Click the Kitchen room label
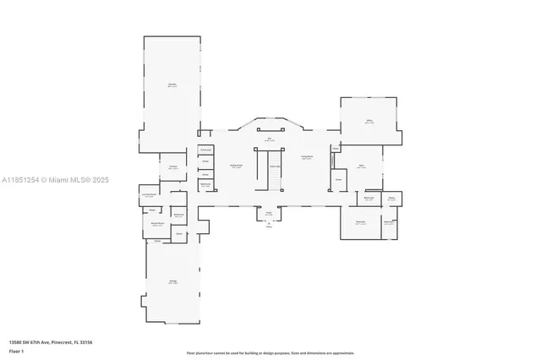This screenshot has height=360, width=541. [x=172, y=166]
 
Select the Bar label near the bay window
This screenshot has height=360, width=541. [x=270, y=139]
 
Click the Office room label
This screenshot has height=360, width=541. [x=369, y=121]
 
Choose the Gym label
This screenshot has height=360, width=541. [x=361, y=166]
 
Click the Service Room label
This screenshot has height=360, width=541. [x=156, y=225]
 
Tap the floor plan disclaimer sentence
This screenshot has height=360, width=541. [x=270, y=352]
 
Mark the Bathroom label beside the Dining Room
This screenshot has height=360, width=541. [x=205, y=184]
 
